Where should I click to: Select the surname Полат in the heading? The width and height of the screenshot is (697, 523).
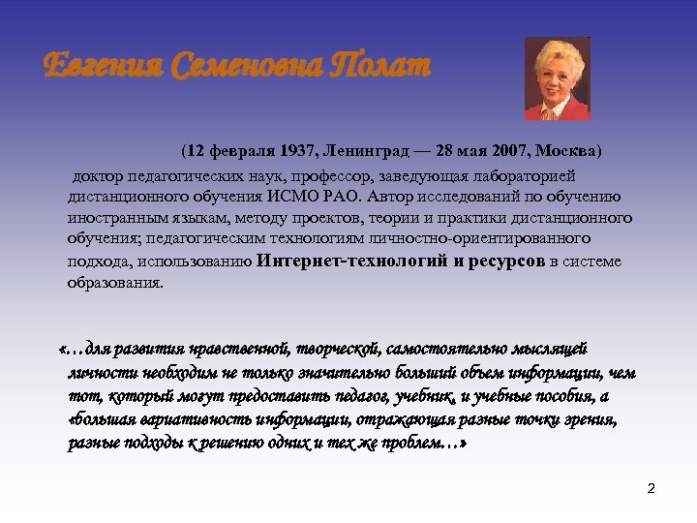click(x=377, y=69)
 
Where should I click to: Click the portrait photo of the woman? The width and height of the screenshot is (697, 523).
click(x=557, y=78)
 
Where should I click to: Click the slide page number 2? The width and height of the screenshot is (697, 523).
click(x=651, y=488)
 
